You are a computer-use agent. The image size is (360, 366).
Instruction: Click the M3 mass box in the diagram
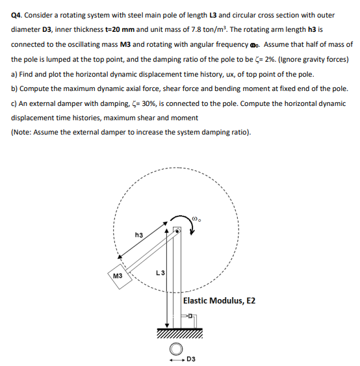tap(119, 275)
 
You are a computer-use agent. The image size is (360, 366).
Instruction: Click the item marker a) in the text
tap(14, 74)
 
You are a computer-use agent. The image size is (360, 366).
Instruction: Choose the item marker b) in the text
tap(15, 88)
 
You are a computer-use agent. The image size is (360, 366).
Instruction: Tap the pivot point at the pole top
tap(175, 230)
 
